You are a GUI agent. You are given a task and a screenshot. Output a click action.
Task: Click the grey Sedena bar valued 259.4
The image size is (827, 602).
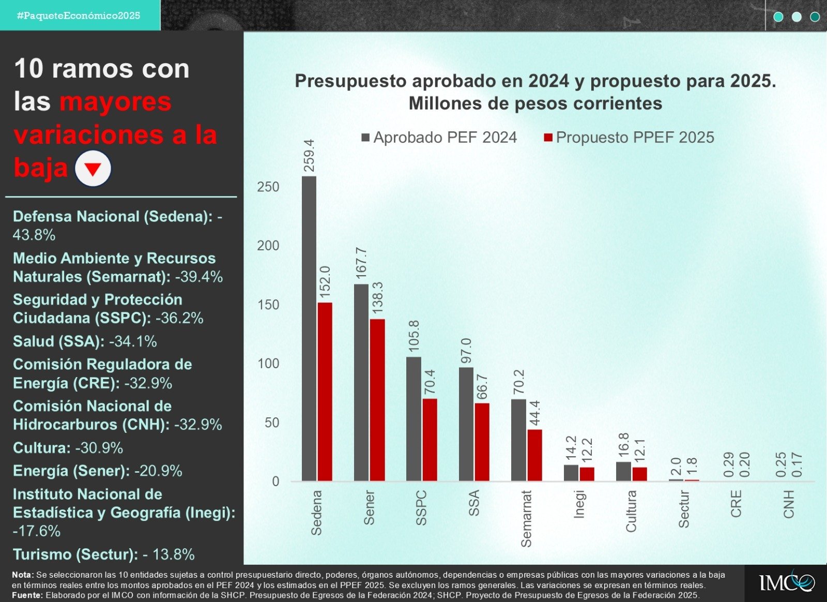[x=309, y=328]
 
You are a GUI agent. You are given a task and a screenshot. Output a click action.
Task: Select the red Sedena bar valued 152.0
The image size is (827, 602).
[x=325, y=392]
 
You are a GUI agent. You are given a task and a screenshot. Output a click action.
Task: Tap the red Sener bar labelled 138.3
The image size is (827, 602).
[x=377, y=400]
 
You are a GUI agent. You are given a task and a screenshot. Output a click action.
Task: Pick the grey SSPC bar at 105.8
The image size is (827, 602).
[x=413, y=419]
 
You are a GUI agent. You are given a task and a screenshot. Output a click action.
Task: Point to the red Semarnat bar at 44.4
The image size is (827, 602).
[x=534, y=455]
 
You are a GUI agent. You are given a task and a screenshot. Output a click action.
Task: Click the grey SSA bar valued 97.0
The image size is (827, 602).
[x=466, y=424]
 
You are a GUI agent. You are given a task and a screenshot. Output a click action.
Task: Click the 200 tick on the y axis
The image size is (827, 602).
[x=268, y=246]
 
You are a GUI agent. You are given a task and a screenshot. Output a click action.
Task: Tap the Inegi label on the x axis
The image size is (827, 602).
[x=579, y=504]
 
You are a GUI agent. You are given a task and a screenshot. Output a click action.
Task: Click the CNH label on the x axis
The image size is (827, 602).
[x=789, y=504]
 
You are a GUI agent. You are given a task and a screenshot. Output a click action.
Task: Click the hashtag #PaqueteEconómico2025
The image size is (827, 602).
[x=79, y=16]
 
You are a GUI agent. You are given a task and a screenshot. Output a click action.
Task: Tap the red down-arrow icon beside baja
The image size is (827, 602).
[x=93, y=169]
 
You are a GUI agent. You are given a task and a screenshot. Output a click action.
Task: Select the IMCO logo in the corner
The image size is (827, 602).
[x=786, y=583]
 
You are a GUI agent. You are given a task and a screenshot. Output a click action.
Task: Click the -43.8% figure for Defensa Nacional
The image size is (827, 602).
[x=34, y=235]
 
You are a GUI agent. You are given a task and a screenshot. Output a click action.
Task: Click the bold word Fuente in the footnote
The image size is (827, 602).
[x=27, y=595]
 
